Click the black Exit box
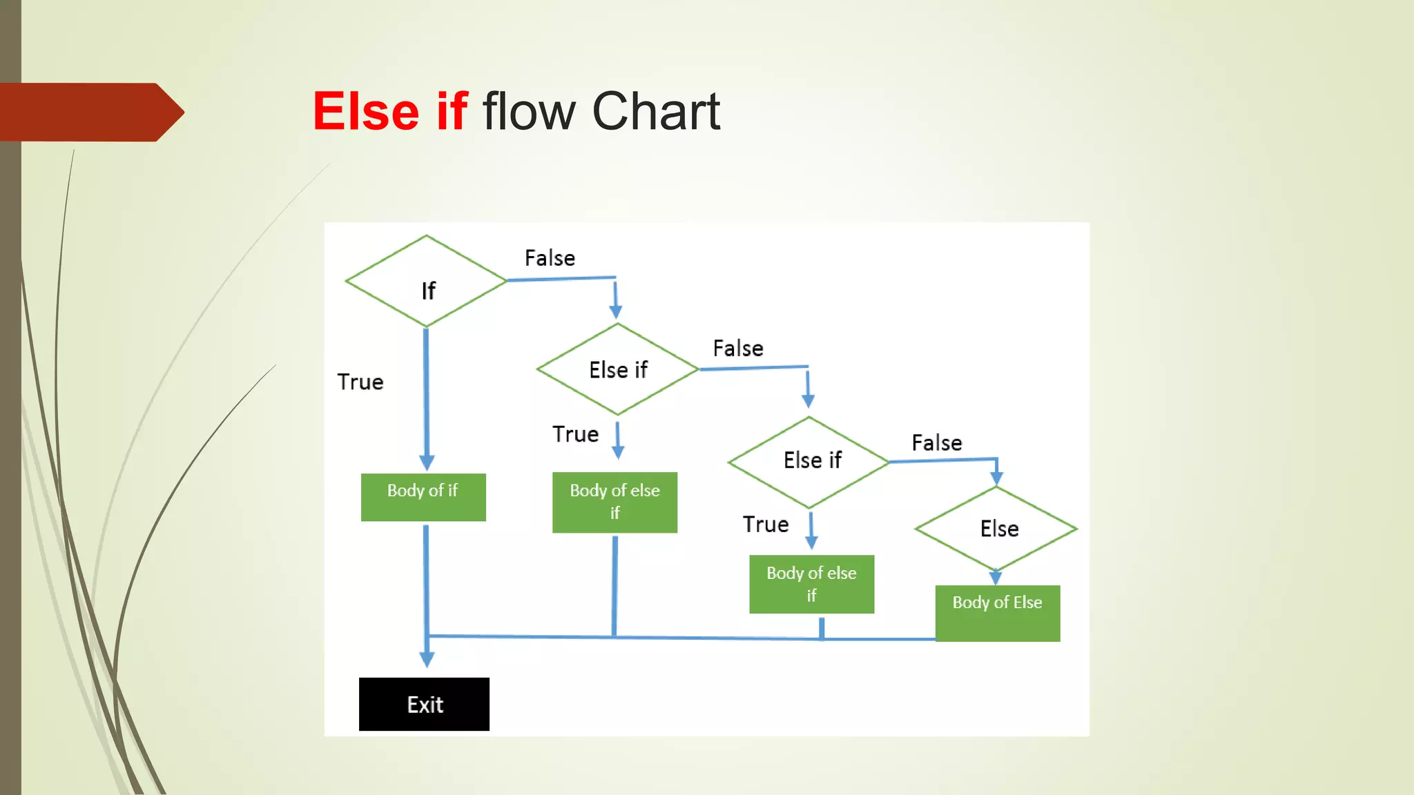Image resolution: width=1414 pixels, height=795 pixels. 424,704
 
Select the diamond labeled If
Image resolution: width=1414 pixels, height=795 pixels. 427,282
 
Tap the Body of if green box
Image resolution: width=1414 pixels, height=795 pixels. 423,497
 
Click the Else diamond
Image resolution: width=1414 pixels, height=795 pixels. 996,529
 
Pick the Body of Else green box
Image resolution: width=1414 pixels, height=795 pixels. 998,613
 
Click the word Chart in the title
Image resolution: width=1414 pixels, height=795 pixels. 656,111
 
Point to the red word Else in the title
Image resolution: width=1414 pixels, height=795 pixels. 366,111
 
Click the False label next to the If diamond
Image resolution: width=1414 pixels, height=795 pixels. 550,258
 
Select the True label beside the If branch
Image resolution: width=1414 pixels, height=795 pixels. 360,382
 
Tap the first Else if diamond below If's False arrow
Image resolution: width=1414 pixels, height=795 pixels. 618,369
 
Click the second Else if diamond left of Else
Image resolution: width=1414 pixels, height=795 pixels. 809,461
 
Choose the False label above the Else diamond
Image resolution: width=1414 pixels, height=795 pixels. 937,443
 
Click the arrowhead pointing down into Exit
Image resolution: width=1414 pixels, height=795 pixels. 427,659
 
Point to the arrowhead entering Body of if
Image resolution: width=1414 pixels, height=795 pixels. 427,463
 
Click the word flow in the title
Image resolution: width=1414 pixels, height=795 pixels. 528,111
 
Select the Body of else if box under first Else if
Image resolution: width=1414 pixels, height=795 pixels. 614,502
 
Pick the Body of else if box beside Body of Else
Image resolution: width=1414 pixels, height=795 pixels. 811,584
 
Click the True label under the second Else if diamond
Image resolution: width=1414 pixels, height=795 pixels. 766,524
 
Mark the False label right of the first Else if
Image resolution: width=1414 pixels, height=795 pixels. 738,349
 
